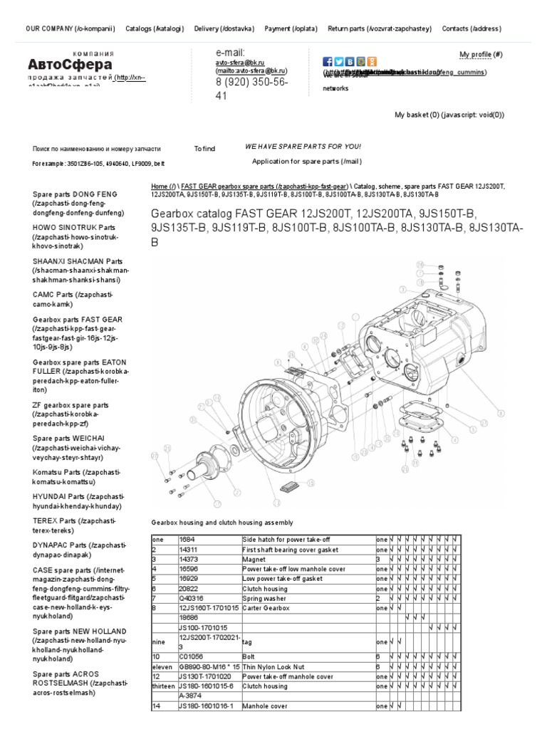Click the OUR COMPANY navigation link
(x=70, y=29)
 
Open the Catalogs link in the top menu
(x=155, y=29)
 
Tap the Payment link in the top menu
(x=291, y=29)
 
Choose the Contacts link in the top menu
(x=472, y=29)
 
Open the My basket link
(x=449, y=115)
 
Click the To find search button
(x=204, y=149)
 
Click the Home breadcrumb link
(x=163, y=186)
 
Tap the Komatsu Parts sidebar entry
(x=77, y=476)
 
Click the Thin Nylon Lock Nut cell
(x=274, y=666)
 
